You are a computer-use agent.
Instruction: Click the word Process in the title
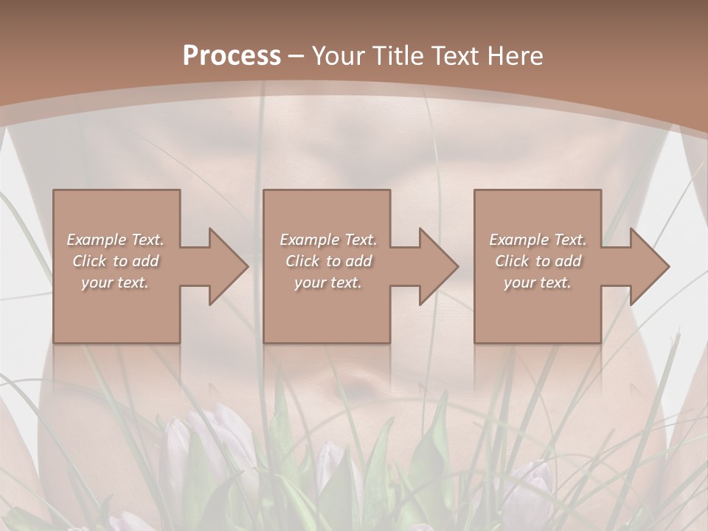[x=232, y=56]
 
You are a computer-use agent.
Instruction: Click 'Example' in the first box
[x=97, y=240]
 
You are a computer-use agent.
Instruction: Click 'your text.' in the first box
[x=115, y=282]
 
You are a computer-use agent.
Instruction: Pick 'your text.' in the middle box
[x=328, y=282]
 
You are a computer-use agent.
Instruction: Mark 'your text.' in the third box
[x=538, y=282]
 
